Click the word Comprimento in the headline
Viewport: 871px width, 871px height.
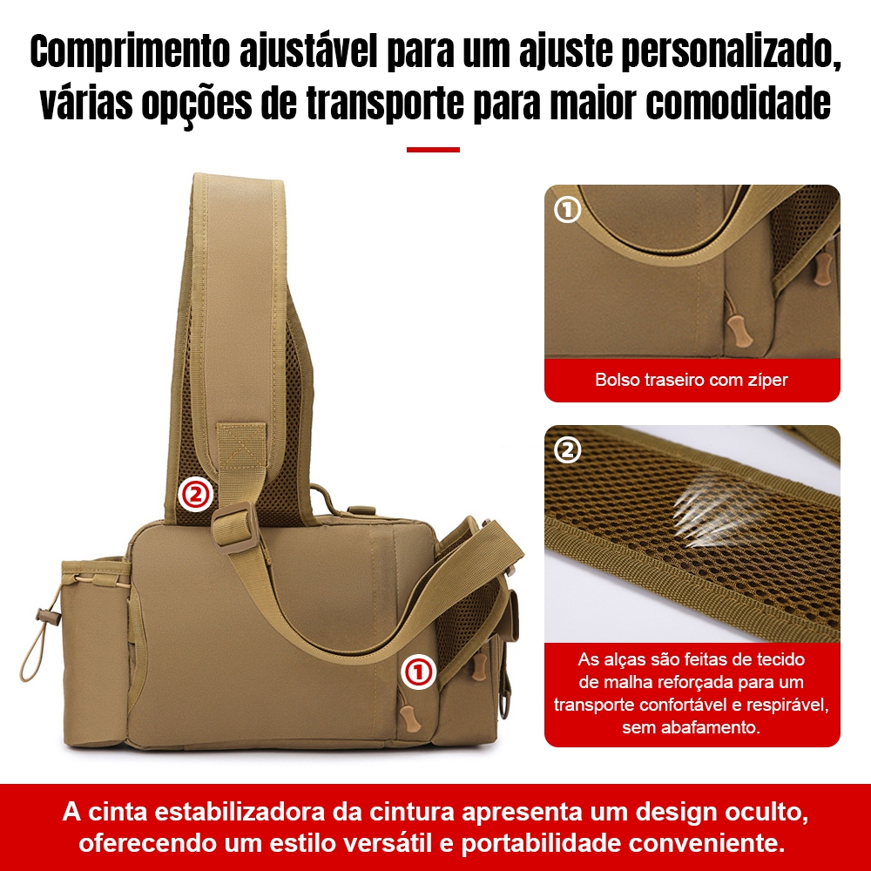click(130, 51)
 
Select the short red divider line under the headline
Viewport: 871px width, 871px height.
click(433, 150)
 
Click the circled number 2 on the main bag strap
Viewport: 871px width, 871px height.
click(195, 494)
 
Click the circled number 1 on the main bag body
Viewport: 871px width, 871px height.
click(419, 672)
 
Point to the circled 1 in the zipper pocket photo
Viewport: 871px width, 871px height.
click(567, 209)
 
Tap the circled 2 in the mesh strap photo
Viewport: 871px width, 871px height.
click(567, 450)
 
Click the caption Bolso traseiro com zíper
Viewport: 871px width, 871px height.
click(691, 380)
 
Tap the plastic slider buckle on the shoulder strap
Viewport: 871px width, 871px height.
click(235, 527)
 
